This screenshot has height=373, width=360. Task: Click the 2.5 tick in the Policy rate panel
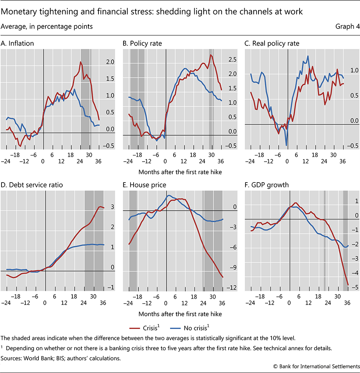[x=222, y=59]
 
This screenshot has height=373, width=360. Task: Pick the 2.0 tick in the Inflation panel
[x=100, y=62]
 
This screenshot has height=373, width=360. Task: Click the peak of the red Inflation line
[x=81, y=62]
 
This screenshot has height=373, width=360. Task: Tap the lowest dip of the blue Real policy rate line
[x=286, y=145]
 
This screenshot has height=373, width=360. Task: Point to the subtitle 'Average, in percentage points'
[x=47, y=27]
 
